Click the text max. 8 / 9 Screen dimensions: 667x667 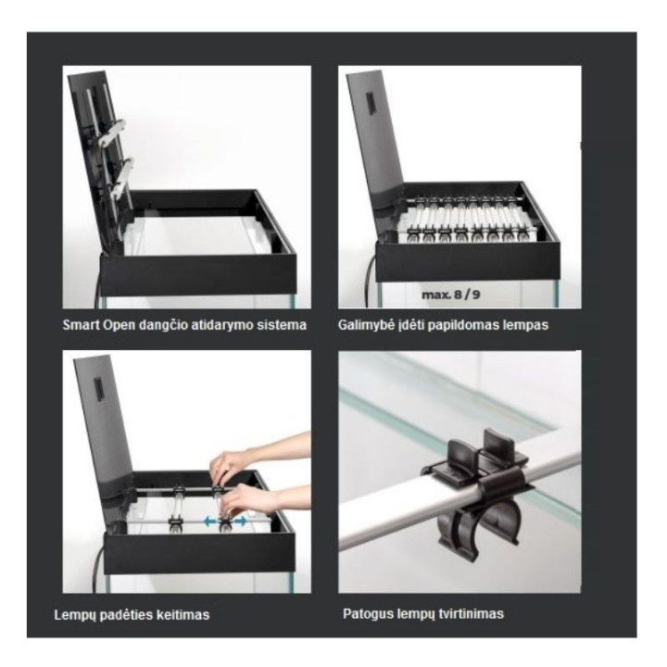450,295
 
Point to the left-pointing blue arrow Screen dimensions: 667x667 209,521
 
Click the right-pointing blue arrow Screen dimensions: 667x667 240,521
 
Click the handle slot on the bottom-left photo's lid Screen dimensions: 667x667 98,388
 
